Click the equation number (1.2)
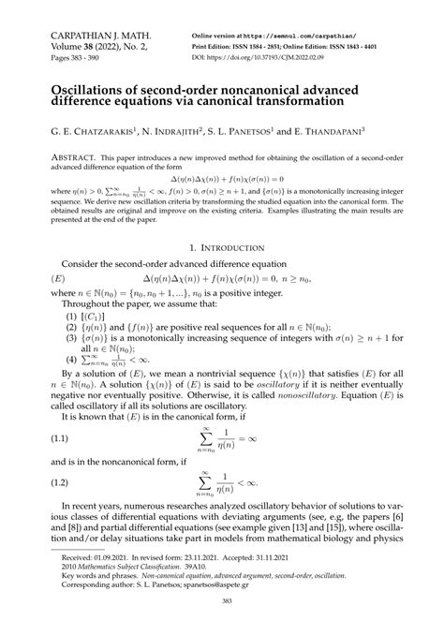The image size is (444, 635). coord(60,482)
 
